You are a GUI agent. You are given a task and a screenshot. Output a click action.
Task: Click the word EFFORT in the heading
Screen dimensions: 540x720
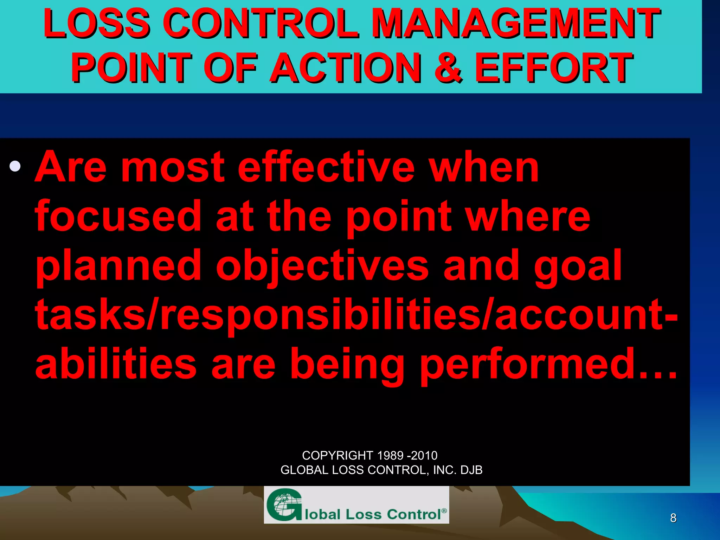(554, 67)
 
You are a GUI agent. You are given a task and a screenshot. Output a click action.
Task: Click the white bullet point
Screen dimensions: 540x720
(15, 166)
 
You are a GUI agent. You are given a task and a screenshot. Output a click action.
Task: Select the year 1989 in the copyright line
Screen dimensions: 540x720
(390, 456)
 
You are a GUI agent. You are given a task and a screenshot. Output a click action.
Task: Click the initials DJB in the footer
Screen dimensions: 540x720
(471, 470)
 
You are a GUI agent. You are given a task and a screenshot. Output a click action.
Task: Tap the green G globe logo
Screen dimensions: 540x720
(284, 505)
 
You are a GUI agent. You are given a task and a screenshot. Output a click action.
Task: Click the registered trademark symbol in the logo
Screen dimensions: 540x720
(444, 510)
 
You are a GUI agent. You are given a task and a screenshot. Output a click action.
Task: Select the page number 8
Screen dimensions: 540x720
(673, 518)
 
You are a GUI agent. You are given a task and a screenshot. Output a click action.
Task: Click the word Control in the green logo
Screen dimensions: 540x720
(413, 514)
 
